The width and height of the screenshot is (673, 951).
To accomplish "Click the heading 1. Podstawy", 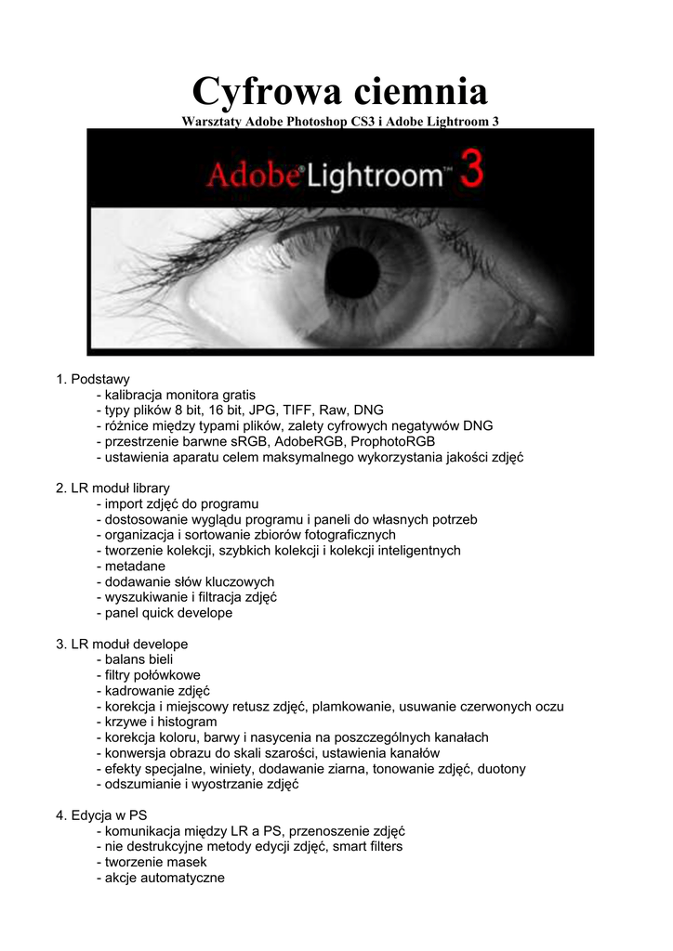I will (x=93, y=379).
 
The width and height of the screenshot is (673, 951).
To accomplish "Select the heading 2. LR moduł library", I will (x=113, y=488).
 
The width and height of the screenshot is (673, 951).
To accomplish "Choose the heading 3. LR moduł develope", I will (x=122, y=644).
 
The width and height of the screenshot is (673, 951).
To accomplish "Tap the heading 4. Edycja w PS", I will (x=102, y=815).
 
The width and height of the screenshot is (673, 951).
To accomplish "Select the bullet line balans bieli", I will (x=139, y=659).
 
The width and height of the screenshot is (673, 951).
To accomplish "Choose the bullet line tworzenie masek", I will (x=154, y=862).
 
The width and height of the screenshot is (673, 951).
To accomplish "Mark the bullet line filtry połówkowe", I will (x=149, y=675).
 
